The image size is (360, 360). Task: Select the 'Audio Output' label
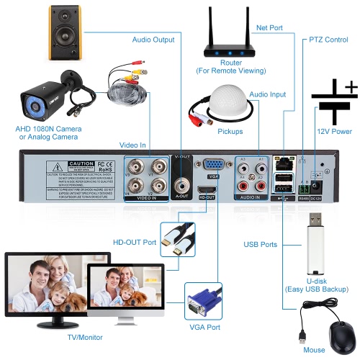click(x=153, y=40)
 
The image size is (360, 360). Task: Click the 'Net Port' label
click(x=270, y=27)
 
